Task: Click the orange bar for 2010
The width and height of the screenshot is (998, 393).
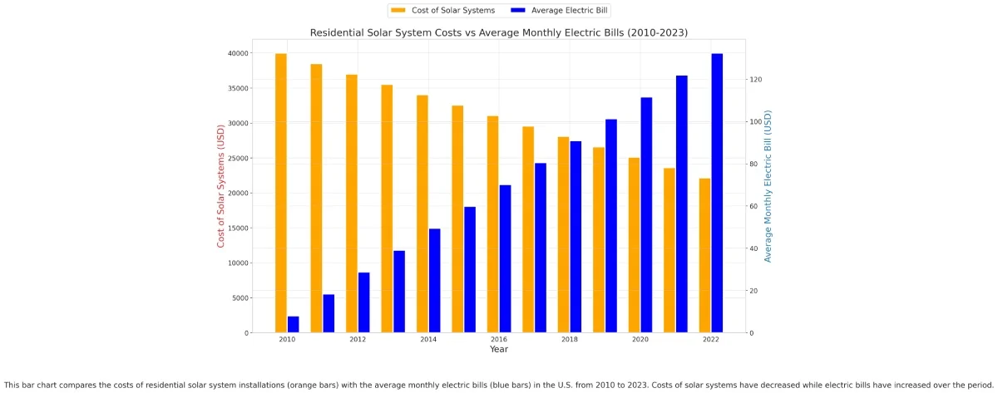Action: (281, 193)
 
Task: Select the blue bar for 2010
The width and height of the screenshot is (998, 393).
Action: (293, 324)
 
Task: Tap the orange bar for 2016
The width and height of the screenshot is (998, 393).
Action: (493, 224)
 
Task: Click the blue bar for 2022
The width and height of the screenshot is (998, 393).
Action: (717, 193)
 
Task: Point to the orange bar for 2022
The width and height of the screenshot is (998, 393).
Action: (704, 255)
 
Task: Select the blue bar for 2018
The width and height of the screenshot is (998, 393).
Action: (576, 237)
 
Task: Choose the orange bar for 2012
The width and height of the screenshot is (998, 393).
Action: (352, 204)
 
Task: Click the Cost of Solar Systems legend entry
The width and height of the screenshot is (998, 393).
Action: (443, 10)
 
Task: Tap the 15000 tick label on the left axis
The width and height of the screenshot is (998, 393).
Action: (237, 228)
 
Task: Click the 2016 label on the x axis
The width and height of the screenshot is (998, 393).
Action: (499, 340)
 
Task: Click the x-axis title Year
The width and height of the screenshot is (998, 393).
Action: (499, 350)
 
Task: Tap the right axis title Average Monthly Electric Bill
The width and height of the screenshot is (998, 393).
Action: (768, 187)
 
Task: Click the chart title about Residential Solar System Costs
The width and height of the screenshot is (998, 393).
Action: (499, 32)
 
